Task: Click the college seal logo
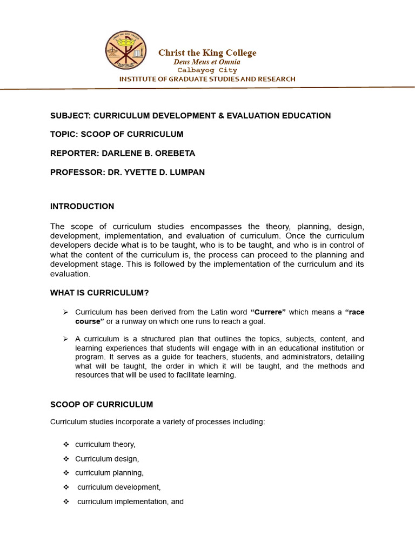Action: point(125,51)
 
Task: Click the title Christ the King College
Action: point(207,52)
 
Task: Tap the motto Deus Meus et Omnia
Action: point(206,62)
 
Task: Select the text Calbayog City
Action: point(207,70)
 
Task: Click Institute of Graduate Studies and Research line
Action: point(207,79)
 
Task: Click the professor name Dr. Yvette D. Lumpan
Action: point(154,172)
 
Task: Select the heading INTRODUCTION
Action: point(82,206)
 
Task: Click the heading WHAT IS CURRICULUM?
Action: point(99,293)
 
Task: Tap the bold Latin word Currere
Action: point(268,312)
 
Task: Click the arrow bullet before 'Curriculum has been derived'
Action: point(65,312)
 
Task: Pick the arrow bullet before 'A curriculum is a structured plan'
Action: point(65,339)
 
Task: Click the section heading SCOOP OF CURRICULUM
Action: point(102,404)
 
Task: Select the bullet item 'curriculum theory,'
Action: point(105,444)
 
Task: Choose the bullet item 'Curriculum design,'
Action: point(107,459)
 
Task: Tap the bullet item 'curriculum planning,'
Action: point(109,473)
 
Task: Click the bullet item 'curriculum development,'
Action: point(119,487)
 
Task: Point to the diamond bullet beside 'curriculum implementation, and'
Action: point(66,502)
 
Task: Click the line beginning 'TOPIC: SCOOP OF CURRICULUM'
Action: point(117,134)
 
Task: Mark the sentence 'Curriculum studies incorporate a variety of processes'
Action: point(158,421)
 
